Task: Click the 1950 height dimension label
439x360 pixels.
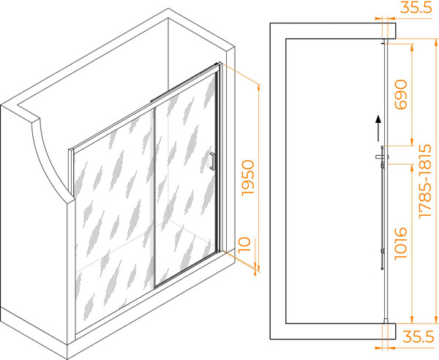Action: pos(248,178)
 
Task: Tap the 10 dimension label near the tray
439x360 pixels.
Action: pos(244,245)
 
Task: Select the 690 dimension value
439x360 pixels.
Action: pos(401,94)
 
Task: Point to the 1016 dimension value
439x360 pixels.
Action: pos(401,244)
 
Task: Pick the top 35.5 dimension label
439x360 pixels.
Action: pos(416,7)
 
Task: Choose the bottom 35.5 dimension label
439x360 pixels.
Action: pos(418,337)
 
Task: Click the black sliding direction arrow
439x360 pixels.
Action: pos(378,128)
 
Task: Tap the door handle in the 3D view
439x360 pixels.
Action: pos(212,161)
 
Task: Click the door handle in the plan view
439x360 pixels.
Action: pos(382,157)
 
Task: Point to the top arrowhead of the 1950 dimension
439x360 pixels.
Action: pos(258,88)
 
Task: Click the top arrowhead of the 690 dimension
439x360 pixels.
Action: pos(411,47)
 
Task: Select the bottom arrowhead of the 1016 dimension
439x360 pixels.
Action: pos(411,320)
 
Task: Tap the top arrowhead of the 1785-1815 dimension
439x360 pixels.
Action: pos(435,42)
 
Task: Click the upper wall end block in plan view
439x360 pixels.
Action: pos(389,31)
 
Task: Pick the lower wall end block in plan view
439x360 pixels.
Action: pos(389,331)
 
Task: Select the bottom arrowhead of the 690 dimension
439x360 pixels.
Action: pos(411,142)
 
